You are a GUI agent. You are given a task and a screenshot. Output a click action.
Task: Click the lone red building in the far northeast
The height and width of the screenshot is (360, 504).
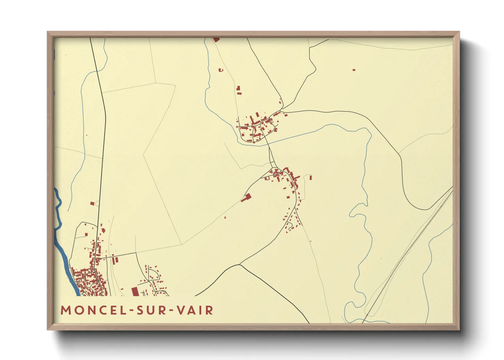pos(354,70)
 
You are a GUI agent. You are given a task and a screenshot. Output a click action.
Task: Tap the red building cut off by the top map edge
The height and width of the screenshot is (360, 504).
pos(216,40)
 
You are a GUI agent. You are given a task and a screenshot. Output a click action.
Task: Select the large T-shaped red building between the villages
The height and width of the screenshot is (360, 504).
pos(247,197)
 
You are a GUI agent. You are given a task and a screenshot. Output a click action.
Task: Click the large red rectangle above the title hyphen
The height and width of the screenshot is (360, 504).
pos(135,291)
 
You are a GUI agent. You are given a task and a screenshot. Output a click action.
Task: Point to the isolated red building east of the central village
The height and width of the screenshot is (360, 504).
pos(311,177)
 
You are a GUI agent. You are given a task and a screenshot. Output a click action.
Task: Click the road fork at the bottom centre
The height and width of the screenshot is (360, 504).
pos(240,264)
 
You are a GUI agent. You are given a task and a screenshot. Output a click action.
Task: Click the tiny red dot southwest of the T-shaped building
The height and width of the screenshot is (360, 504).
pos(225,217)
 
